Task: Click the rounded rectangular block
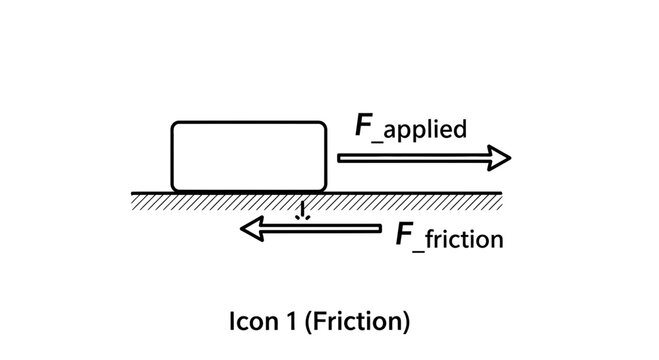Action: click(249, 156)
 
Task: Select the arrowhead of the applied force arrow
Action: click(499, 158)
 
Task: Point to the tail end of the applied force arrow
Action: click(341, 158)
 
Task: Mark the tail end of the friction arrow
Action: click(379, 230)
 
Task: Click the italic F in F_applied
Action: click(364, 127)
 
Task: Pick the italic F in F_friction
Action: click(404, 235)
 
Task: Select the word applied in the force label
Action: click(426, 132)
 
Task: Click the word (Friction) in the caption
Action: click(356, 323)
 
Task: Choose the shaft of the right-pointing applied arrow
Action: click(410, 158)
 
